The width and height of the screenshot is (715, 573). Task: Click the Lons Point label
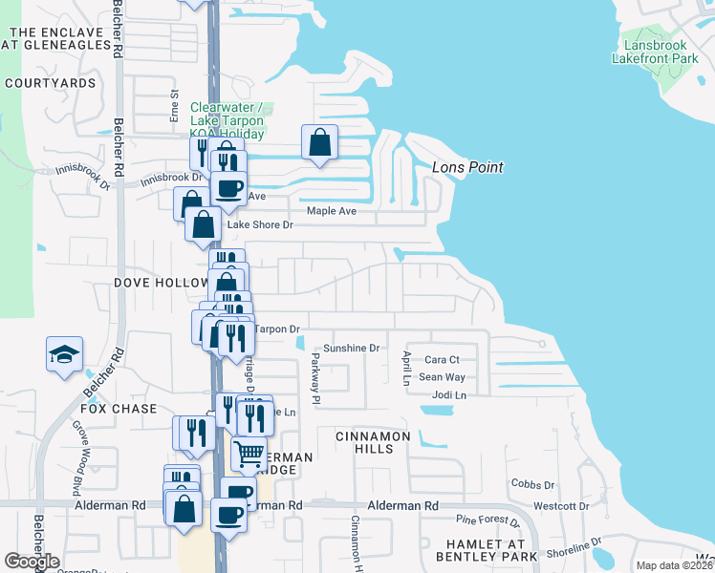(x=467, y=167)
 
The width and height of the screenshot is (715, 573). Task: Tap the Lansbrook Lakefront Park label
(x=661, y=52)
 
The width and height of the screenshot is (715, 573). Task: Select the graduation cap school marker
(x=65, y=354)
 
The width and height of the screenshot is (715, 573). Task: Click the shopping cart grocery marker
(x=249, y=453)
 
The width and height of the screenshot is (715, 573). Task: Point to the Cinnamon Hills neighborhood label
(x=372, y=442)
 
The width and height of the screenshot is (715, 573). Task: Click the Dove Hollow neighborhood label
(x=161, y=283)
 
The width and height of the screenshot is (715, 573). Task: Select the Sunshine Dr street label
(x=351, y=349)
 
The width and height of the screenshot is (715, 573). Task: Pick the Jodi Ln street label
(x=448, y=394)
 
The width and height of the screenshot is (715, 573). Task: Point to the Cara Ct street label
(x=442, y=360)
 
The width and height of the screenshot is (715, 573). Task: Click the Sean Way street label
(x=442, y=377)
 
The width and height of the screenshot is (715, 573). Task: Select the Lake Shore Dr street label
(x=258, y=225)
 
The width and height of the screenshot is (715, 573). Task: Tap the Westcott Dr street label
(x=561, y=506)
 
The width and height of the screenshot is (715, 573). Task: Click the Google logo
(x=32, y=562)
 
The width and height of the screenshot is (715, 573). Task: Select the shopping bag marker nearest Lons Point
(x=320, y=143)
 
